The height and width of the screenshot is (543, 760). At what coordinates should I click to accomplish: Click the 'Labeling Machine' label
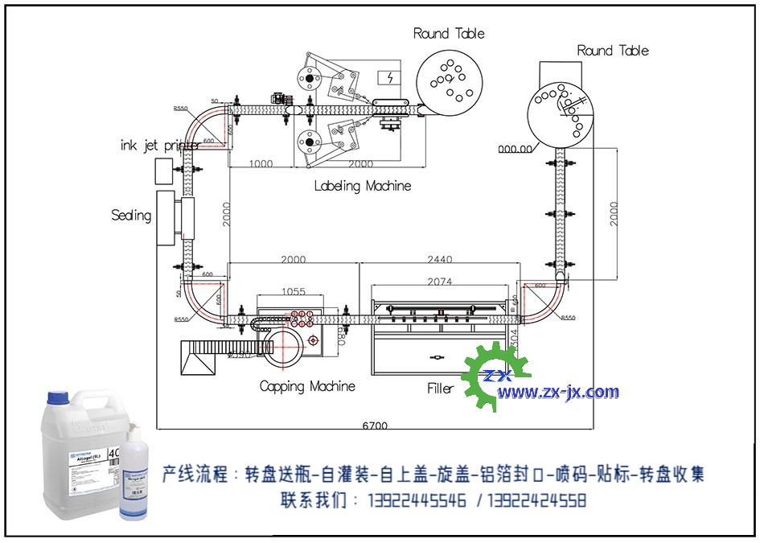pyautogui.click(x=362, y=186)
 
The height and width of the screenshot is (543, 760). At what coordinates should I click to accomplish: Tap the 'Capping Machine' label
pyautogui.click(x=307, y=386)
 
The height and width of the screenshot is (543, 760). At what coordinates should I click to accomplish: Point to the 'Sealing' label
pyautogui.click(x=131, y=215)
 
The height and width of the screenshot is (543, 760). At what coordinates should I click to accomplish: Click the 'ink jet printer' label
pyautogui.click(x=159, y=146)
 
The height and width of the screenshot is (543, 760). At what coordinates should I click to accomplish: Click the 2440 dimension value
pyautogui.click(x=440, y=259)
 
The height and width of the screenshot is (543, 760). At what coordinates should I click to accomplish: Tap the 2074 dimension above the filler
pyautogui.click(x=440, y=282)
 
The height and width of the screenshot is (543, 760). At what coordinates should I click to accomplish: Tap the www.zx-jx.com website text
pyautogui.click(x=558, y=393)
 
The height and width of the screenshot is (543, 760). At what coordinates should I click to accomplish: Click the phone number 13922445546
pyautogui.click(x=417, y=500)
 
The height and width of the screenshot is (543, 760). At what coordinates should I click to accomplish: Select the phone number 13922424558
pyautogui.click(x=536, y=500)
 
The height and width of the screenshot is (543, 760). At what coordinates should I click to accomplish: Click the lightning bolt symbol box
pyautogui.click(x=390, y=78)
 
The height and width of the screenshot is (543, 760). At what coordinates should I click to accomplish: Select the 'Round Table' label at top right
pyautogui.click(x=612, y=51)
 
